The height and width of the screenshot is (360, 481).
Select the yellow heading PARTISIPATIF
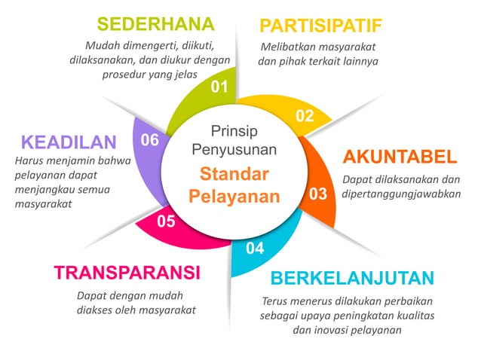click(x=320, y=26)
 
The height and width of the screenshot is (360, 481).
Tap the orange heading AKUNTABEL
click(x=400, y=157)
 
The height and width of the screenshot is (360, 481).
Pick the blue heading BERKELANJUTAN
click(x=352, y=278)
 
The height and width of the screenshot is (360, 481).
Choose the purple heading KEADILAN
click(x=69, y=142)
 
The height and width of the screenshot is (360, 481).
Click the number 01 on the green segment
click(x=219, y=87)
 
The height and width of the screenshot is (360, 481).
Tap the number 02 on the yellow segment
click(x=304, y=116)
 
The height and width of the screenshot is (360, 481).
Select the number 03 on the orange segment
click(x=317, y=194)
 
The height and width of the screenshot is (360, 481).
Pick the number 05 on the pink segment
click(x=166, y=221)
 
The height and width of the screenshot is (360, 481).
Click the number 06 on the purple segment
click(x=150, y=140)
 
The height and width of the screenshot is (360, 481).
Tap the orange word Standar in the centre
click(x=234, y=175)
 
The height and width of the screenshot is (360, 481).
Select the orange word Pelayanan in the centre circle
click(x=234, y=197)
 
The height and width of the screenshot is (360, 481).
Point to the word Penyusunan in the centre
click(x=234, y=149)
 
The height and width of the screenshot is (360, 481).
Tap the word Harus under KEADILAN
click(x=31, y=160)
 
